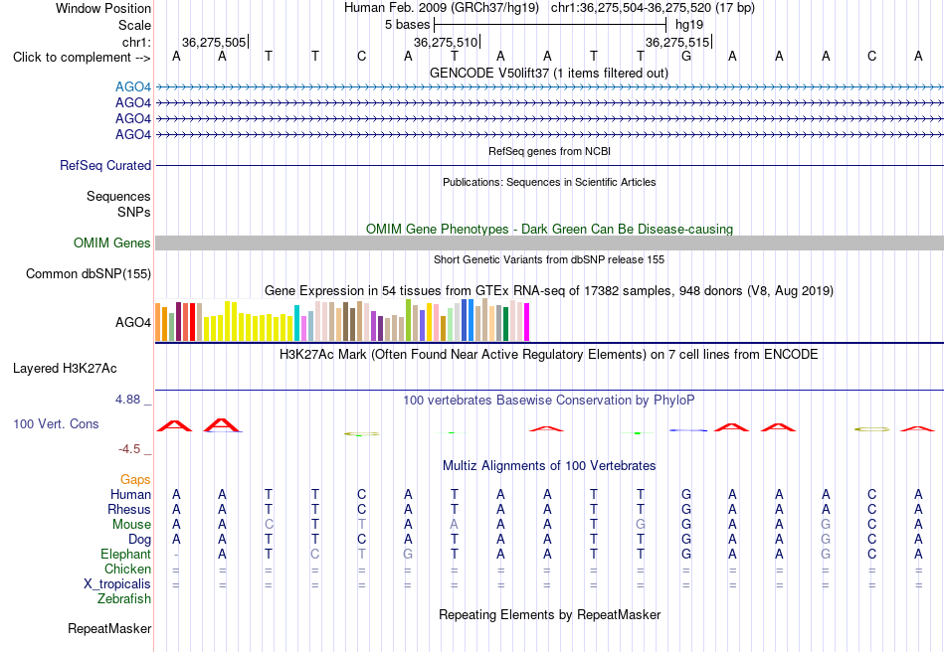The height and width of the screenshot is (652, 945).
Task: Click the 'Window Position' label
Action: click(x=103, y=8)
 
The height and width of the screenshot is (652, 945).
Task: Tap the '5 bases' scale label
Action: click(x=408, y=25)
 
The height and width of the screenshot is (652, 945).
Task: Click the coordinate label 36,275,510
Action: click(x=446, y=42)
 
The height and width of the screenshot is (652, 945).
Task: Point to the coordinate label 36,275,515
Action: click(x=677, y=42)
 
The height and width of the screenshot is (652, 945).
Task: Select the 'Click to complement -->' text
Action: click(x=82, y=58)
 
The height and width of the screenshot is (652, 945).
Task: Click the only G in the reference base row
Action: click(x=685, y=57)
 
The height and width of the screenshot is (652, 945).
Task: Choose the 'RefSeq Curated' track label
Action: click(x=105, y=166)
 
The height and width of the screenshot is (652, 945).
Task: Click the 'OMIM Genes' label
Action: click(x=112, y=243)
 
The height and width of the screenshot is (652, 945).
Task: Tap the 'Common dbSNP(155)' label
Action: click(x=89, y=274)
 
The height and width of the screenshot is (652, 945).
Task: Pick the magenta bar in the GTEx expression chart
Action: click(x=527, y=322)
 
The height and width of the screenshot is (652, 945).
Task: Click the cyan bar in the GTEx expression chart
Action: click(x=297, y=323)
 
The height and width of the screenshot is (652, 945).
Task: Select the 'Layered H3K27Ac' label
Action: click(x=65, y=369)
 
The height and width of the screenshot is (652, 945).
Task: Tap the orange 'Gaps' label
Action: click(x=135, y=479)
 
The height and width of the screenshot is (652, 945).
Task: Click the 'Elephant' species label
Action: click(x=125, y=554)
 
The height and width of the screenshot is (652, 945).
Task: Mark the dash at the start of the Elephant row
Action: click(x=176, y=555)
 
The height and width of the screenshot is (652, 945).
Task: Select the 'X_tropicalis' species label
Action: click(x=117, y=584)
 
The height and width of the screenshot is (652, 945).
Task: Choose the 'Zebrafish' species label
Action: click(x=124, y=599)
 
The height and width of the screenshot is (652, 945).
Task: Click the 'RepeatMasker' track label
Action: click(x=109, y=628)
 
